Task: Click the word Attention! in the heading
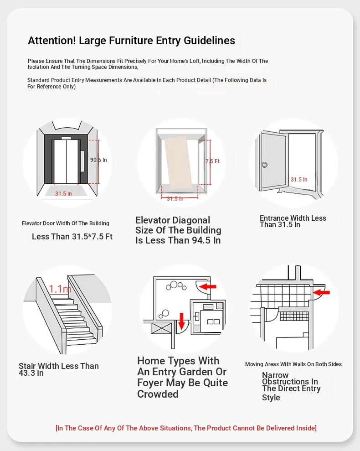[x=52, y=41]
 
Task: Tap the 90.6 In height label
[x=98, y=160]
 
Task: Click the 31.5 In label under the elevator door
[x=63, y=193]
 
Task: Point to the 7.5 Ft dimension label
[x=212, y=161]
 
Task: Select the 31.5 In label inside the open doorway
[x=299, y=180]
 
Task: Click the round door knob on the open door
[x=265, y=165]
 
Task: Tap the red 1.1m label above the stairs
[x=60, y=289]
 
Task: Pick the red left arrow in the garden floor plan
[x=207, y=286]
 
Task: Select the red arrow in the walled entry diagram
[x=321, y=292]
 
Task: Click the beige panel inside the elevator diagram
[x=178, y=163]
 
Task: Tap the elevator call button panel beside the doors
[x=82, y=161]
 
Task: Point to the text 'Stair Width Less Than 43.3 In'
[x=59, y=370]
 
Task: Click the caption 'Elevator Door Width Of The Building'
[x=66, y=223]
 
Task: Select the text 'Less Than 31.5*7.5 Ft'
[x=72, y=237]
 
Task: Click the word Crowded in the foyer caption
[x=158, y=394]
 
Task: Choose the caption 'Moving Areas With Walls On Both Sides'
[x=293, y=364]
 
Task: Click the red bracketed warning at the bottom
[x=186, y=428]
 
